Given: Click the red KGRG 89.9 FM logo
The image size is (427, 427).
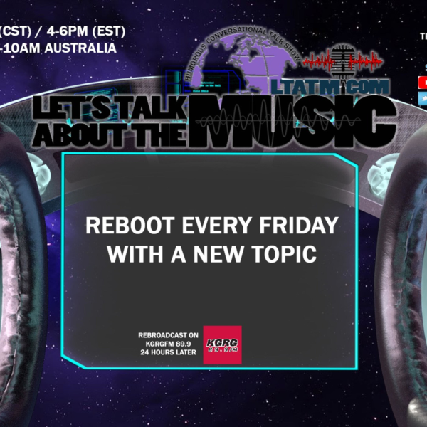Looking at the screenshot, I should click(222, 345).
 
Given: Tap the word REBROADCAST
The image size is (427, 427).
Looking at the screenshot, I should click(164, 333).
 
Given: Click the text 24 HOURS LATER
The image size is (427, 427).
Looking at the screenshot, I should click(167, 352).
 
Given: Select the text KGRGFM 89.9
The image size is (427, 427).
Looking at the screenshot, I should click(168, 342).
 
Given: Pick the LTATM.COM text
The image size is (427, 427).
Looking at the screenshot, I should click(349, 87).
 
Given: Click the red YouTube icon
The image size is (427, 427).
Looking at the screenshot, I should click(423, 83).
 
